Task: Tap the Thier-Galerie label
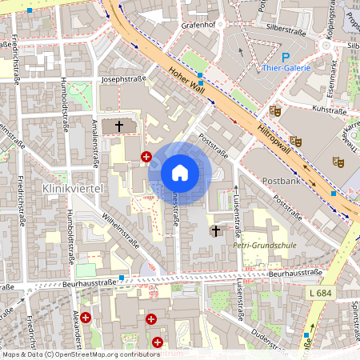pos(287,69)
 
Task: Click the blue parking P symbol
pos(286,57)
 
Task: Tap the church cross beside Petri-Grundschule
pos(214,231)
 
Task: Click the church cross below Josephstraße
pos(120,126)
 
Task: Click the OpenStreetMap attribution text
pos(81,354)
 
